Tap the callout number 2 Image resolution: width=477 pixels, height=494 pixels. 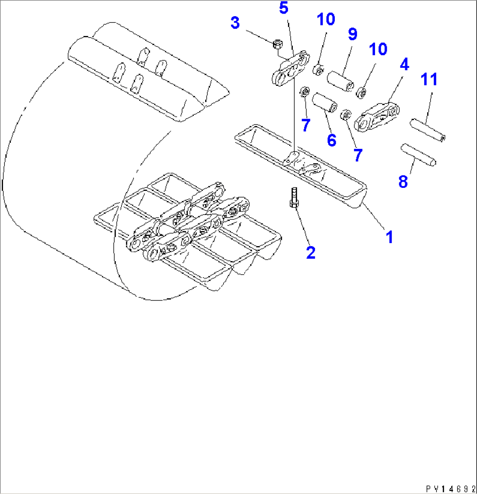pyautogui.click(x=310, y=253)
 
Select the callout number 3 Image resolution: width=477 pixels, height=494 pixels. pyautogui.click(x=235, y=23)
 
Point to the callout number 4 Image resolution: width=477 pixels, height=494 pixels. pyautogui.click(x=403, y=65)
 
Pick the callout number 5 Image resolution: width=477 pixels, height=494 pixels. pyautogui.click(x=284, y=8)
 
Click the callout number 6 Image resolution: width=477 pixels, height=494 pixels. pyautogui.click(x=331, y=140)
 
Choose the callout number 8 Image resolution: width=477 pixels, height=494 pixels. pyautogui.click(x=403, y=181)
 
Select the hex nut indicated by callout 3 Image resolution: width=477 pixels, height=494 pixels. pyautogui.click(x=277, y=44)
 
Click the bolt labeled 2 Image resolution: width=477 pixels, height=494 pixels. pyautogui.click(x=294, y=198)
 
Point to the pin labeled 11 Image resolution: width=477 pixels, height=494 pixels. pyautogui.click(x=428, y=130)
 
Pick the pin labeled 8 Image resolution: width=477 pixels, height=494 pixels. pyautogui.click(x=419, y=155)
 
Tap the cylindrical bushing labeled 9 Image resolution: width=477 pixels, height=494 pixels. pyautogui.click(x=341, y=81)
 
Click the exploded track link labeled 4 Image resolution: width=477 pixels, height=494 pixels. pyautogui.click(x=379, y=116)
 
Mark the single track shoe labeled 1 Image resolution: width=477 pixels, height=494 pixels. pyautogui.click(x=302, y=166)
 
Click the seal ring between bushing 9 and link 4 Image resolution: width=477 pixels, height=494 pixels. pyautogui.click(x=362, y=92)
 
